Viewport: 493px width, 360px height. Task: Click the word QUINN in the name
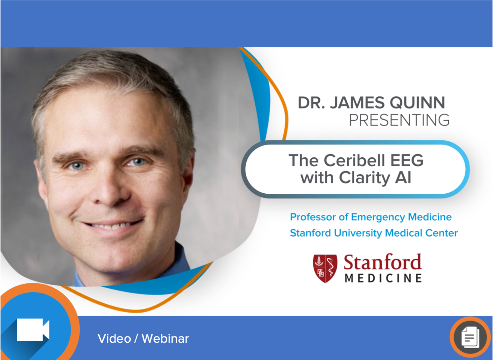click(417, 103)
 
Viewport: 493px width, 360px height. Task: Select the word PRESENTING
click(399, 120)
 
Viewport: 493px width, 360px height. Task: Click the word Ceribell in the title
click(354, 160)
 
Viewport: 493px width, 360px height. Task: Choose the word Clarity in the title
click(365, 178)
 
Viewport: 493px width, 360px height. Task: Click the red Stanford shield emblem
click(325, 268)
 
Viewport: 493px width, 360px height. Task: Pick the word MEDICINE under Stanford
click(383, 278)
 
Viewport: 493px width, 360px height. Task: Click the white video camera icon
click(33, 330)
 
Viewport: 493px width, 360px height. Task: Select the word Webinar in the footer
click(165, 339)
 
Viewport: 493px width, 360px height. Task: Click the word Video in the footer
click(114, 339)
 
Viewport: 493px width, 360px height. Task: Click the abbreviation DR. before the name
click(311, 103)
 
